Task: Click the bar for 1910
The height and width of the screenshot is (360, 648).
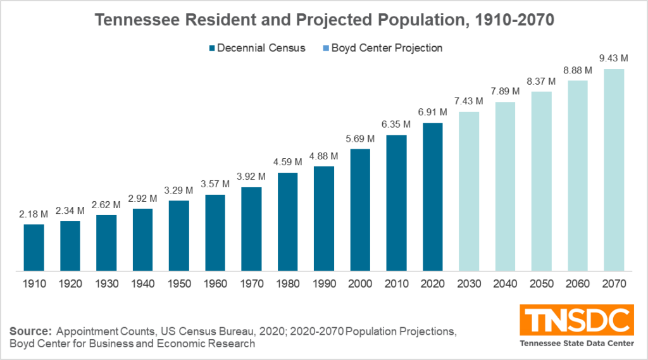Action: (34, 247)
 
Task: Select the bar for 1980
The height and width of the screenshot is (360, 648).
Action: (288, 221)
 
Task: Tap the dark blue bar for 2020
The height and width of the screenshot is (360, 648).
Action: (433, 197)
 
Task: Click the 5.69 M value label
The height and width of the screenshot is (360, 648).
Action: (360, 139)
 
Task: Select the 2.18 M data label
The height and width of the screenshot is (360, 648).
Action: (34, 215)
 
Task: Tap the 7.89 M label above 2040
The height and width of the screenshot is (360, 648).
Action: (505, 92)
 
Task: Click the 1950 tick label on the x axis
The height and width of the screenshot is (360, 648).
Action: (179, 284)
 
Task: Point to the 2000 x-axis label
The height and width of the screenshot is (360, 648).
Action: (360, 284)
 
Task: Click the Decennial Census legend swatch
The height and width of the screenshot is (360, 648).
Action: (213, 48)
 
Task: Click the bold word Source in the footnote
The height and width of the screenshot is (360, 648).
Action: (30, 331)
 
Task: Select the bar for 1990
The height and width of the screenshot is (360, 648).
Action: (324, 218)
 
